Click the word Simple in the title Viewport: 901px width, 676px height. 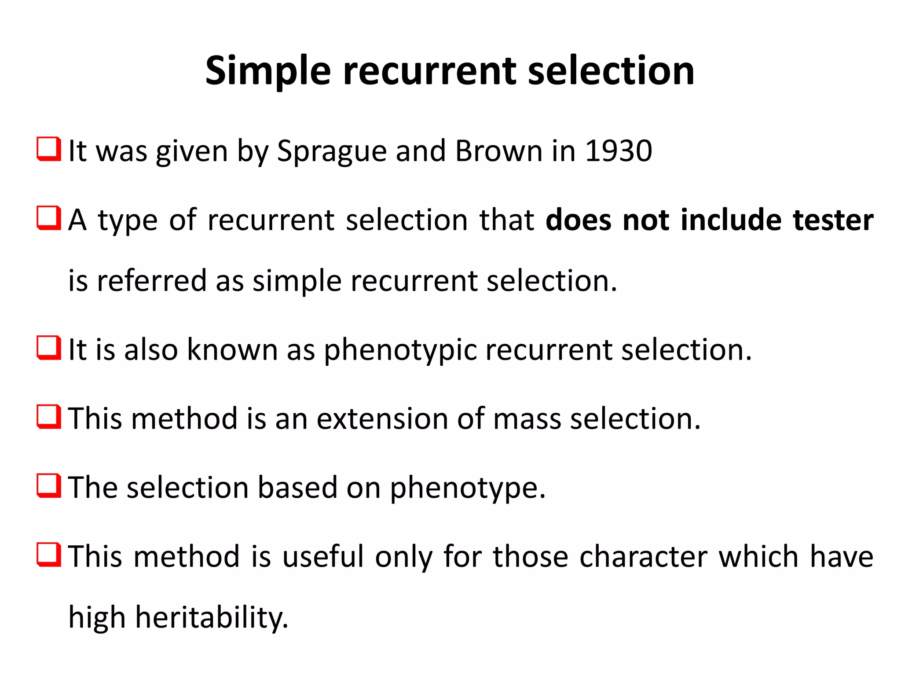267,71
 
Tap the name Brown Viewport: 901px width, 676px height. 498,151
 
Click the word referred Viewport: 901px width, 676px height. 151,281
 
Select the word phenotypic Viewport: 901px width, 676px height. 400,350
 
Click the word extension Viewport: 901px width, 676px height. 381,419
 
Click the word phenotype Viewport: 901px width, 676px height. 467,489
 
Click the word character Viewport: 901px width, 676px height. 643,556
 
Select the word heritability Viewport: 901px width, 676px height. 211,617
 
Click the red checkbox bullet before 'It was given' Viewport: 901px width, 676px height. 48,149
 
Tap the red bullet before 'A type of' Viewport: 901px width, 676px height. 48,218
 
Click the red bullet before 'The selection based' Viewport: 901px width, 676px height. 48,486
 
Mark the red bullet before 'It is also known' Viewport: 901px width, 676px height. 48,348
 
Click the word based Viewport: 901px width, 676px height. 297,488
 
